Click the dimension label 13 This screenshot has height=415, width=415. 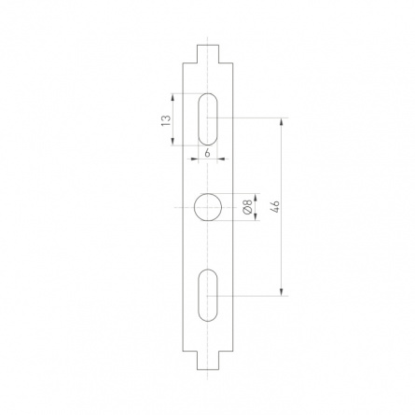(x=166, y=120)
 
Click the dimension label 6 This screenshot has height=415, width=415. (x=208, y=153)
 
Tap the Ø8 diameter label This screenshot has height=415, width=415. (x=248, y=206)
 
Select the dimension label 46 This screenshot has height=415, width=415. (x=275, y=207)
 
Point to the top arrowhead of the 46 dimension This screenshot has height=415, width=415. (x=282, y=121)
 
